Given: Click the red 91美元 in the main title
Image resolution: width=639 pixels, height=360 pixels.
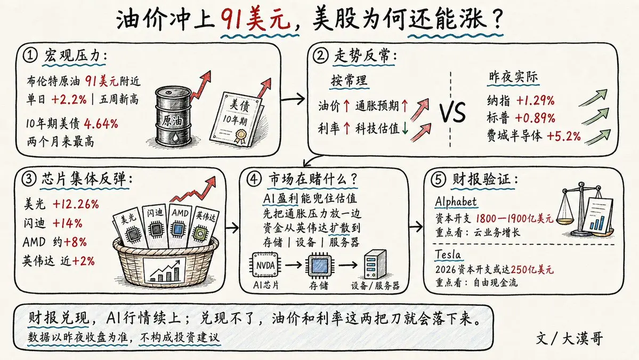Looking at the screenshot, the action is click(x=256, y=19).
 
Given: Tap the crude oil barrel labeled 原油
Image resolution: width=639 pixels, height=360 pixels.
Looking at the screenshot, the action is click(x=172, y=116).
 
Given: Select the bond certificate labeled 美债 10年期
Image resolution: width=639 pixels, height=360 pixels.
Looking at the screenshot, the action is click(x=237, y=118).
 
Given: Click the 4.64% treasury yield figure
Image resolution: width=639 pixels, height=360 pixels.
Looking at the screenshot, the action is click(x=101, y=124).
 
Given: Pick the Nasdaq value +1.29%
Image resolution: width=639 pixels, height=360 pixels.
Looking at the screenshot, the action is click(x=535, y=100).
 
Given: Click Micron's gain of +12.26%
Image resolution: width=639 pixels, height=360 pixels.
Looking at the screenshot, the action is click(x=75, y=204).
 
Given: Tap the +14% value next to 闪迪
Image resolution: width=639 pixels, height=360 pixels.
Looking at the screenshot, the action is click(x=67, y=223).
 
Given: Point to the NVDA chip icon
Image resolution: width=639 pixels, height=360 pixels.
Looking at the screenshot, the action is click(x=266, y=266).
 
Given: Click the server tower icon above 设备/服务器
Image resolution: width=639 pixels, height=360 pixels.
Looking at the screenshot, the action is click(x=375, y=264).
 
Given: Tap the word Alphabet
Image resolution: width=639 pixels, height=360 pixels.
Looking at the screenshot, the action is click(x=456, y=202).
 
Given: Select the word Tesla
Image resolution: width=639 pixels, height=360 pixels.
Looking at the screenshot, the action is click(x=448, y=255).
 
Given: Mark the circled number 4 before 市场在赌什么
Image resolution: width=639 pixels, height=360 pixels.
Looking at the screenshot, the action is click(x=254, y=179).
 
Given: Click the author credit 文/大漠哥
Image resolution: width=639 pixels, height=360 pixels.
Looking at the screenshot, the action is click(x=569, y=338).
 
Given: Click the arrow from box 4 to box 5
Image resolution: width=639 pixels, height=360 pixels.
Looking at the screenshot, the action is click(x=416, y=227).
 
